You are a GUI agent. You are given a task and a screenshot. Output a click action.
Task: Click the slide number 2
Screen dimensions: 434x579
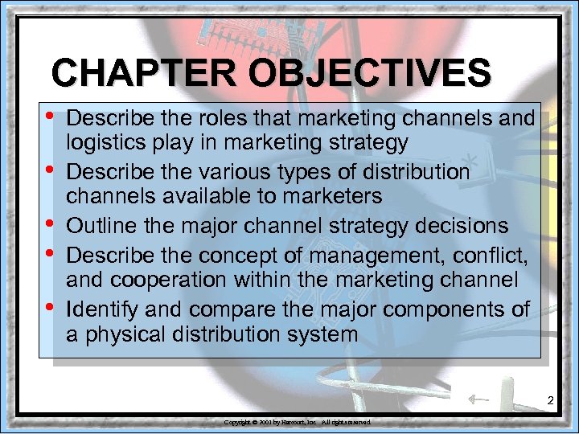[551, 400]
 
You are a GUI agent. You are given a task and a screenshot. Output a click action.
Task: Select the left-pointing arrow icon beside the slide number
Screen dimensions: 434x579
[478, 398]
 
